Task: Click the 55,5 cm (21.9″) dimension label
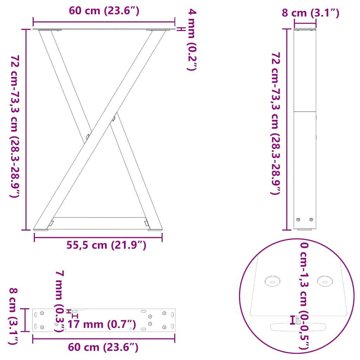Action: click(106, 245)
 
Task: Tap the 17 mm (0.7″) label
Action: click(101, 323)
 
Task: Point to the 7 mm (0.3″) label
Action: click(59, 301)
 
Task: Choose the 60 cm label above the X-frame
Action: click(104, 11)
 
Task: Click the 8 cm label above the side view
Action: click(310, 13)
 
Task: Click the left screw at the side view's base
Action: click(298, 220)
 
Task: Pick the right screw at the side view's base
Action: click(311, 220)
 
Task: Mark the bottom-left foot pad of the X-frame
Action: click(41, 230)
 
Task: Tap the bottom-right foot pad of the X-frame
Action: click(155, 230)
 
